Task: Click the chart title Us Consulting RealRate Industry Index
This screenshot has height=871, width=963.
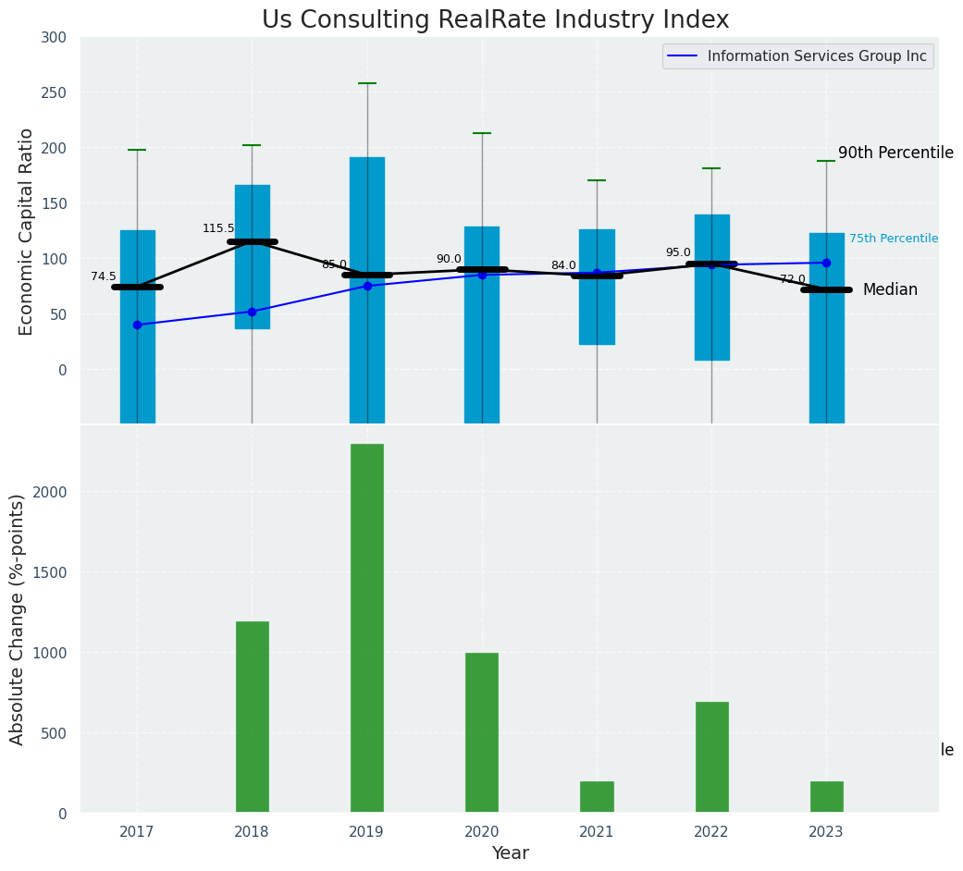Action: (495, 20)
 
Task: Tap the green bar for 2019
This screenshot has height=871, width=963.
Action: (367, 629)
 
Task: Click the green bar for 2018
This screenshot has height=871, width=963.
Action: (253, 718)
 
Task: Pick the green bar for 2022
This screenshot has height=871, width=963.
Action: (712, 757)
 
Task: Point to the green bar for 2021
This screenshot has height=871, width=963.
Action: (597, 797)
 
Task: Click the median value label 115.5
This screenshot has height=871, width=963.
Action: (218, 228)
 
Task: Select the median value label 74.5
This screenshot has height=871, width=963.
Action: (104, 276)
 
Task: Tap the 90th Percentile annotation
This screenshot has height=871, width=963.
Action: (895, 153)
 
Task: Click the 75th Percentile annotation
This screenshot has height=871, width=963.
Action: (894, 239)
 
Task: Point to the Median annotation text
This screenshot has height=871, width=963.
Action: (890, 290)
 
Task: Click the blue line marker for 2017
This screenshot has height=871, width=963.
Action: (137, 325)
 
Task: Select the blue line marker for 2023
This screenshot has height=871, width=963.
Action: (826, 263)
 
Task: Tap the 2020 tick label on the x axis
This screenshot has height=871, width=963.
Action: (482, 832)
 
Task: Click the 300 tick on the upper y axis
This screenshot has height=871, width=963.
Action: (54, 37)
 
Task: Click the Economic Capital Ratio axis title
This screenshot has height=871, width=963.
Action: (28, 231)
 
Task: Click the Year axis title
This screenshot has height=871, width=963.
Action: (510, 853)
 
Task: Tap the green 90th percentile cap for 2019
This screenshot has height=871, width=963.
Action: (367, 83)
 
